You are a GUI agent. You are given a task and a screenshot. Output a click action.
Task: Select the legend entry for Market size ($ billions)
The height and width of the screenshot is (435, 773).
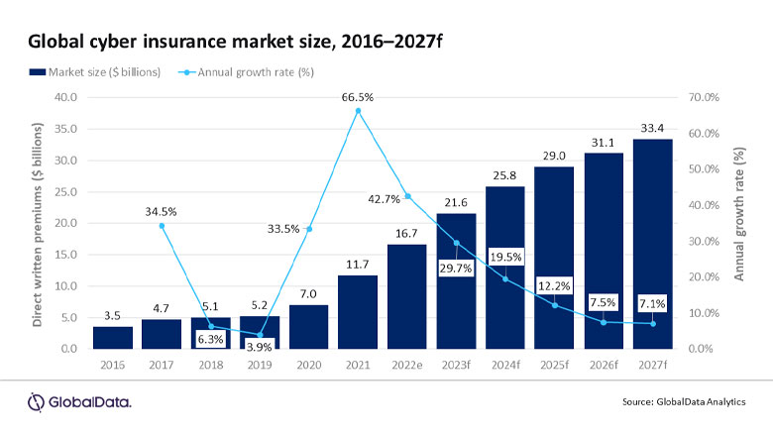point(94,71)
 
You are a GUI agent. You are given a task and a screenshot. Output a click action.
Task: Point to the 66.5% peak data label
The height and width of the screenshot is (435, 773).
point(358,96)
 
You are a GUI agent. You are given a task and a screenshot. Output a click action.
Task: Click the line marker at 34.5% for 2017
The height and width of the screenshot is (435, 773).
point(163,226)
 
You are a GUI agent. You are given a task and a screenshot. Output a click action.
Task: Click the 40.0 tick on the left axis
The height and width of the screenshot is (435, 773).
point(64,97)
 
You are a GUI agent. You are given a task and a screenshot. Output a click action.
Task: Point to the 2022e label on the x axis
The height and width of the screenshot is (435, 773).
point(406,367)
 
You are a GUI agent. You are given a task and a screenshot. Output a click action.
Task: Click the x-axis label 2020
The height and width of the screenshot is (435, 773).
point(308,367)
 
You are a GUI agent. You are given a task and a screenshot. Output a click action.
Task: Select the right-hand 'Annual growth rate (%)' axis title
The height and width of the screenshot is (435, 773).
point(739,223)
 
